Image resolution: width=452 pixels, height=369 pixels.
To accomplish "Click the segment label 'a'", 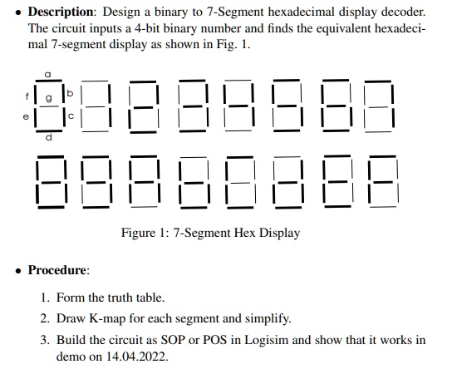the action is [x=48, y=74].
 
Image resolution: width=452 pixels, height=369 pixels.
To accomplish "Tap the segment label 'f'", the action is [x=27, y=96].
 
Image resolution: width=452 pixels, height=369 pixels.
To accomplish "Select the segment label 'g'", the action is [x=49, y=98].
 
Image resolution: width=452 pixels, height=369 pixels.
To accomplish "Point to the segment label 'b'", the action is [x=70, y=93].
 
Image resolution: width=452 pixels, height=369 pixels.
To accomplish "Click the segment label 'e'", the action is [x=26, y=116].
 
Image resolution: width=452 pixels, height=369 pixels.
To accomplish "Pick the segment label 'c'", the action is [x=71, y=116].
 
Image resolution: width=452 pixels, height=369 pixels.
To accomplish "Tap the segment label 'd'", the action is [x=49, y=137].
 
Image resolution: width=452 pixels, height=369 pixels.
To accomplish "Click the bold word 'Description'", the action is [x=61, y=12].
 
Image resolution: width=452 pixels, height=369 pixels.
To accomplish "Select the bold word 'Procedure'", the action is [x=56, y=270].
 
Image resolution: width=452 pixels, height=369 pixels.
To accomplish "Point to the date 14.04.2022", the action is [x=135, y=357].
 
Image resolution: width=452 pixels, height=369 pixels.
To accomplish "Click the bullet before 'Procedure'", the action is [x=19, y=271].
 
